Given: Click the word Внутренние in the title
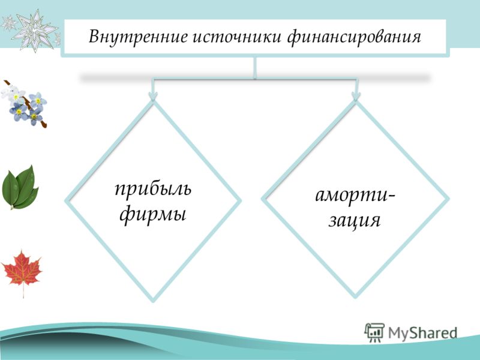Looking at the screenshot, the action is (138, 37).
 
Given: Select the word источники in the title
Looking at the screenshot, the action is (237, 37).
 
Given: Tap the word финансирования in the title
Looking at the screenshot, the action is (355, 38).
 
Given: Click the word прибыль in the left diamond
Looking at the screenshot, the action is (153, 188).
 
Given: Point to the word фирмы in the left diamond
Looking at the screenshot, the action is (153, 214).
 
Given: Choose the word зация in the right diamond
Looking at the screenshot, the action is (354, 220).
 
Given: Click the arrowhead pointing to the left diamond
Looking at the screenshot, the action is (153, 97).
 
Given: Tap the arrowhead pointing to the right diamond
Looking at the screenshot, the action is (355, 97).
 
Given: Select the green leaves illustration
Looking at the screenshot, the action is (20, 187).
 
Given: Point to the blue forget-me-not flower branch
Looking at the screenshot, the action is (24, 103).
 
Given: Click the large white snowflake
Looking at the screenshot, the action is (34, 29).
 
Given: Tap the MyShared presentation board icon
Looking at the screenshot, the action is (374, 332).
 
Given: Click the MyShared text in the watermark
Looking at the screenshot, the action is (423, 333).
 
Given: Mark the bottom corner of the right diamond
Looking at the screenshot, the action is (355, 297).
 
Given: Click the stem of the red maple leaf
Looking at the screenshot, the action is (23, 291).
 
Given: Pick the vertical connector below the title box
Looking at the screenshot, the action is (254, 68).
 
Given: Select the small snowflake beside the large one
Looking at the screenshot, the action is (9, 23).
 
